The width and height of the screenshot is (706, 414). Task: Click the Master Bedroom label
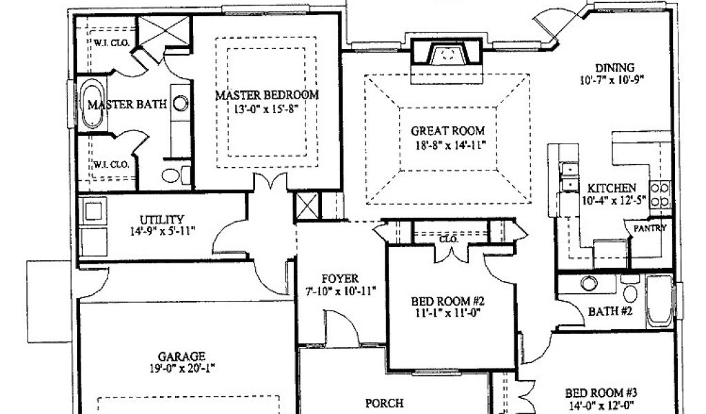266,95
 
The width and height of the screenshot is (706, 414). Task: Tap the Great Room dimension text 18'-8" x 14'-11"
447,145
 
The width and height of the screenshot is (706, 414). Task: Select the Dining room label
615,68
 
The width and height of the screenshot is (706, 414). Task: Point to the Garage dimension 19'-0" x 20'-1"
181,368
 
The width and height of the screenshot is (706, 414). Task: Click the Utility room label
161,219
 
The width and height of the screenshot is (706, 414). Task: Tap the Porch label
383,402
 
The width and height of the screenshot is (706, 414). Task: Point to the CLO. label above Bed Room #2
449,240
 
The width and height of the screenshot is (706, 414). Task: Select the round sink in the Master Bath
181,104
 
